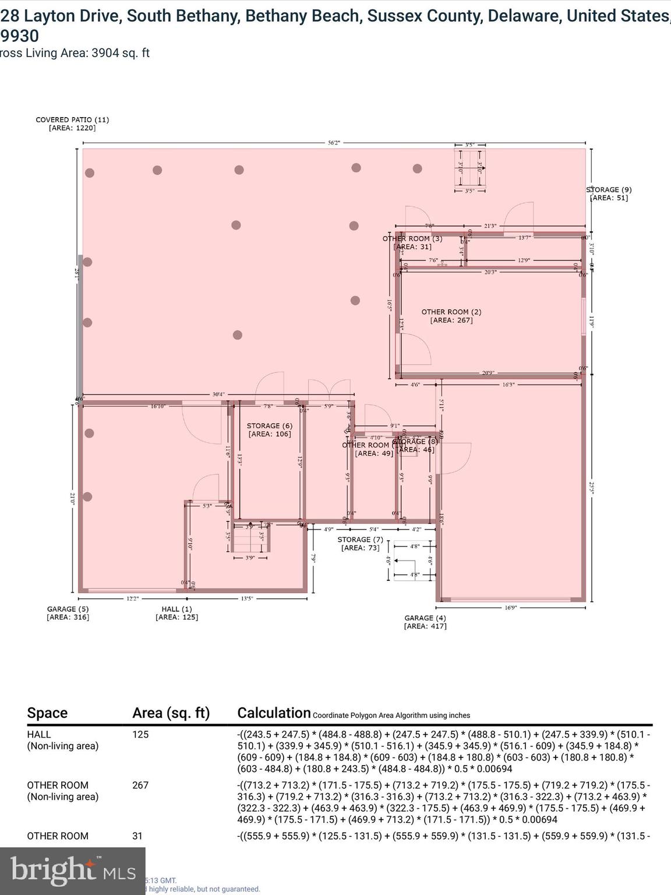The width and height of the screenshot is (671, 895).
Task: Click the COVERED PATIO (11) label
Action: [72, 119]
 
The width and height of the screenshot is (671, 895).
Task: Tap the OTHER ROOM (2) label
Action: [451, 312]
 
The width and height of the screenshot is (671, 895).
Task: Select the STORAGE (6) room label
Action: [269, 426]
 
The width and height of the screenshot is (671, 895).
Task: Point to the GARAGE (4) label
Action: [425, 618]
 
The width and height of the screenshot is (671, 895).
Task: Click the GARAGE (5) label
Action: [68, 609]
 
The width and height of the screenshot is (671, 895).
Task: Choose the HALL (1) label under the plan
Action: [176, 609]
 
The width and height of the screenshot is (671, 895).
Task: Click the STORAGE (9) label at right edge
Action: [609, 190]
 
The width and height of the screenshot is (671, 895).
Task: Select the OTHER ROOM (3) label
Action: [412, 238]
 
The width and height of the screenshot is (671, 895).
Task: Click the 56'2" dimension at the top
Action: [334, 142]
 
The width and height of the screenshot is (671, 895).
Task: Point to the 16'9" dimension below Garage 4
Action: [510, 608]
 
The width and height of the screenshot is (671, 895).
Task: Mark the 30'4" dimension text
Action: [218, 394]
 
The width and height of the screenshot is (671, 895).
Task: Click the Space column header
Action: [47, 713]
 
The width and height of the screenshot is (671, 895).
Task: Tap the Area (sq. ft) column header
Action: [171, 713]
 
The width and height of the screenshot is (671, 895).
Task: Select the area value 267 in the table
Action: [140, 785]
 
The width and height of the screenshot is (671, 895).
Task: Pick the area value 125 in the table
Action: [140, 735]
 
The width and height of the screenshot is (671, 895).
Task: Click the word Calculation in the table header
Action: [274, 713]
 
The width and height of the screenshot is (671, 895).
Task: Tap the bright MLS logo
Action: [73, 871]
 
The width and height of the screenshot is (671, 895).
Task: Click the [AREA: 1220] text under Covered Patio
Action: [72, 128]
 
